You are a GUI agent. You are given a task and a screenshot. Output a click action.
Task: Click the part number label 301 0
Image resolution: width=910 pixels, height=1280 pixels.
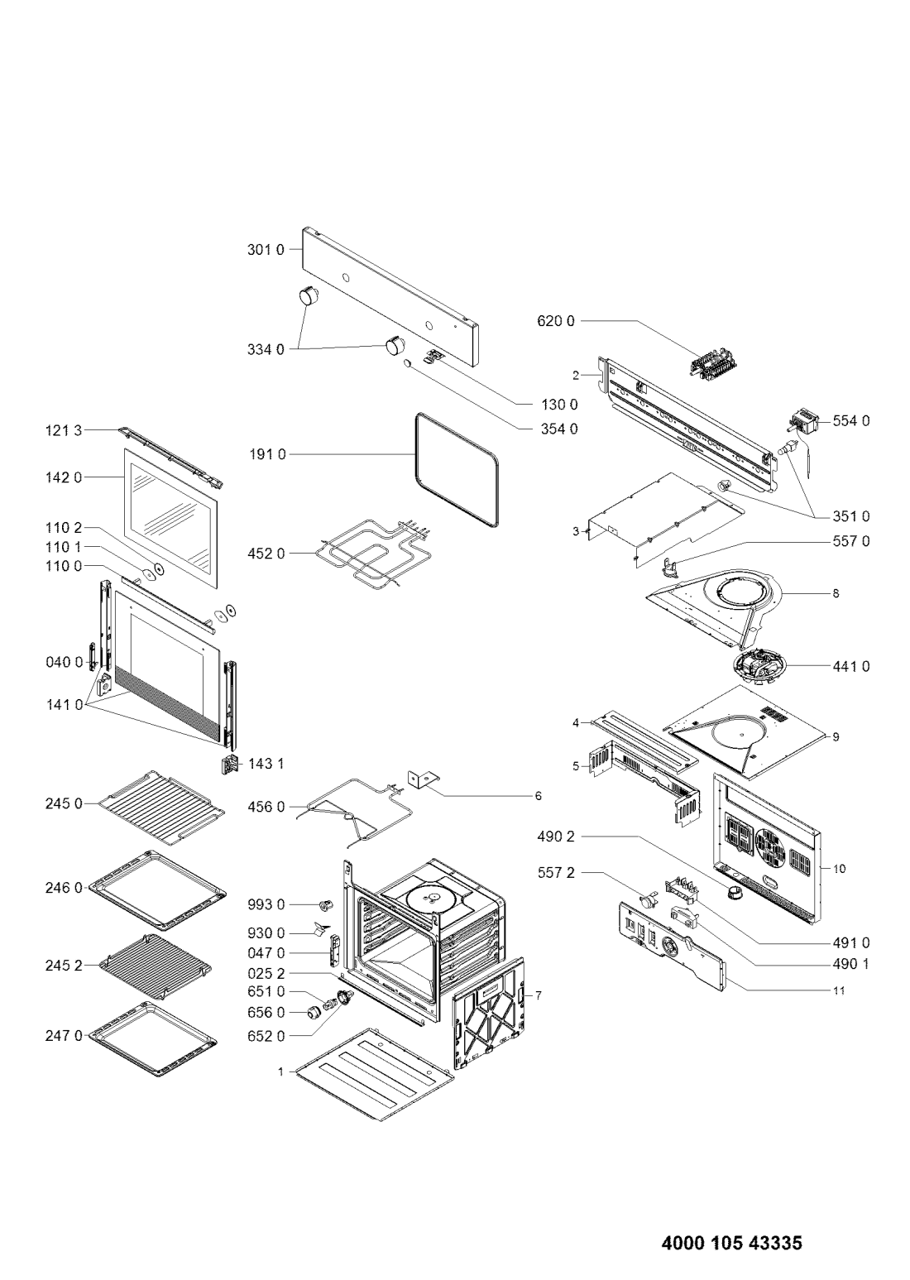pos(265,249)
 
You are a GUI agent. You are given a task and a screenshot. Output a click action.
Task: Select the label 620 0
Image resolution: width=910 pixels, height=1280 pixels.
pos(558,320)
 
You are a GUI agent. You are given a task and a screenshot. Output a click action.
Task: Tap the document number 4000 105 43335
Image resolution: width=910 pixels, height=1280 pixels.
pos(731,1242)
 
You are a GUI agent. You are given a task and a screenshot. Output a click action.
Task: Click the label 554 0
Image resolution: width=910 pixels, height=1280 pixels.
pos(851,421)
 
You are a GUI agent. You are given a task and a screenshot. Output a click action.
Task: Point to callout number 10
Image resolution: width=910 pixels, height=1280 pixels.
pos(840,869)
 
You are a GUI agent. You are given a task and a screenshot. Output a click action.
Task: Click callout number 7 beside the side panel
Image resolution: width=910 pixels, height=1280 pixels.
pos(539,995)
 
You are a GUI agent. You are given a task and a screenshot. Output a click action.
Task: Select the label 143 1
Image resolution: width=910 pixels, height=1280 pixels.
pos(266,763)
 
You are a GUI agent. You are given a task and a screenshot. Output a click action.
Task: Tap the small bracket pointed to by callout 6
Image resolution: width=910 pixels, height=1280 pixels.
pos(423,779)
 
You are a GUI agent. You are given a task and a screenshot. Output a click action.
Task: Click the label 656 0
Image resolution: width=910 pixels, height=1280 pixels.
pos(269,1012)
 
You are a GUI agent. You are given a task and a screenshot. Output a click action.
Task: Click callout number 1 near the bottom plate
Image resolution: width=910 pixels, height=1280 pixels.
pos(280,1071)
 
